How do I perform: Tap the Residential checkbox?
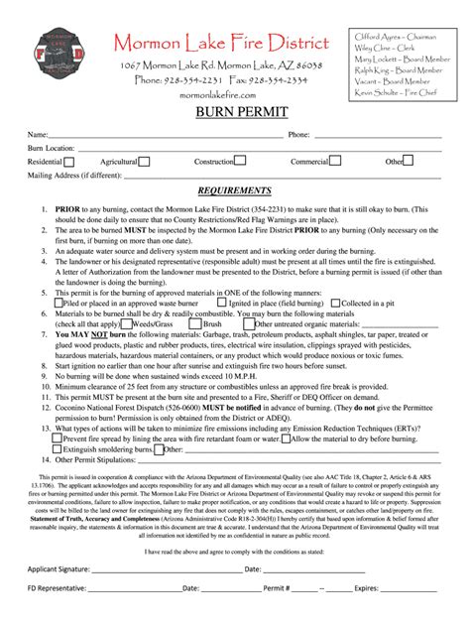[71, 161]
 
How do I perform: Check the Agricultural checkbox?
[145, 161]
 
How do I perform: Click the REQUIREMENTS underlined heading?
[234, 190]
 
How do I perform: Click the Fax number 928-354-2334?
[283, 79]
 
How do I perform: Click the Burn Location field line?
[258, 148]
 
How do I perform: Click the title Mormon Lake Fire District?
[220, 44]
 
